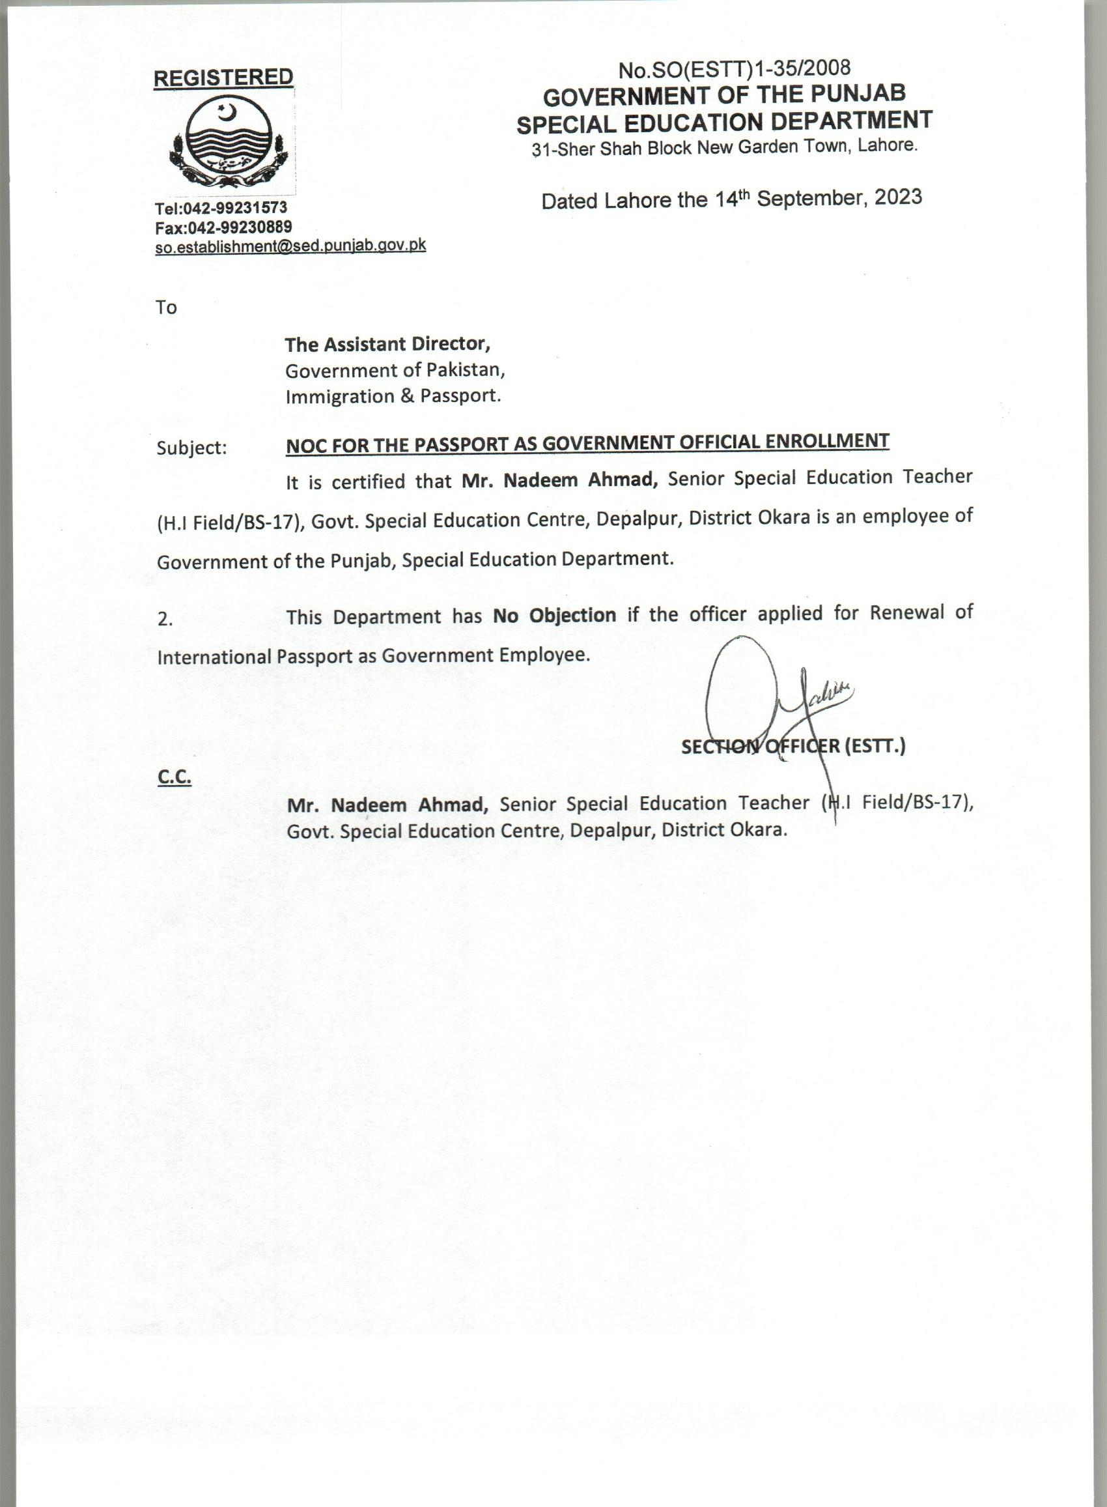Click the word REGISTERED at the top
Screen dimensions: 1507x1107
point(223,78)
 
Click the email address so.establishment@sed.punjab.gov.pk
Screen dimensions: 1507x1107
point(290,246)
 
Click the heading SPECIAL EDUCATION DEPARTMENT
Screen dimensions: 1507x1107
point(724,121)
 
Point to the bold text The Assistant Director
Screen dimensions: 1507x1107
point(388,345)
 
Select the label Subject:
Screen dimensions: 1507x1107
point(191,448)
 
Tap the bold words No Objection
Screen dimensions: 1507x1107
point(554,616)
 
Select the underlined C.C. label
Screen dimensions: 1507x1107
point(175,778)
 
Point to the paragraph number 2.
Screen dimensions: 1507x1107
point(165,620)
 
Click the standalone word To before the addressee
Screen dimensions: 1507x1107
point(166,308)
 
